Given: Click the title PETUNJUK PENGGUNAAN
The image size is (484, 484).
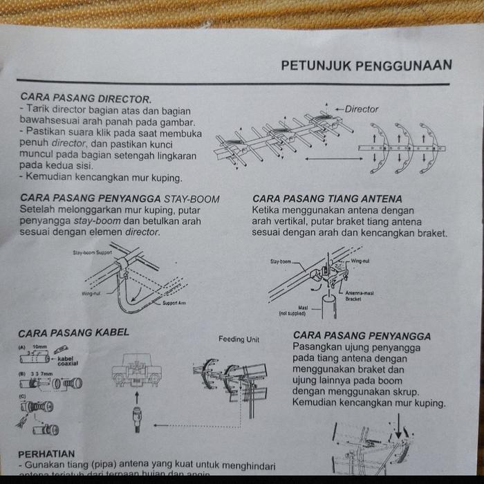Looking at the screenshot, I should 366,65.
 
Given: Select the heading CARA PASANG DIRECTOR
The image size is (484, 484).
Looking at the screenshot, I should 86,99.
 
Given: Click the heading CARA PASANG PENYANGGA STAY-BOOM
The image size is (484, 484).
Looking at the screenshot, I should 120,199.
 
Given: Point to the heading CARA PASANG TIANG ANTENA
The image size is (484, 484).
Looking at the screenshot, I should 327,199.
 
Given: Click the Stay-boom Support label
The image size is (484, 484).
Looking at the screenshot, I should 92,253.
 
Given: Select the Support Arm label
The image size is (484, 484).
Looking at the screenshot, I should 174,303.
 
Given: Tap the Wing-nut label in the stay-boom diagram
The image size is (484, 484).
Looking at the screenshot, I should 92,294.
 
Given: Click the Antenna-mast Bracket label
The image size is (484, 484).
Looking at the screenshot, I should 360,296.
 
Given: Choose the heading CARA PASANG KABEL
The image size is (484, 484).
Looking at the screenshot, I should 73,333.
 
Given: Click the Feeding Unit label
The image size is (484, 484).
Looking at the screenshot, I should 239,339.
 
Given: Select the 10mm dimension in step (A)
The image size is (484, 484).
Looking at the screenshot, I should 40,346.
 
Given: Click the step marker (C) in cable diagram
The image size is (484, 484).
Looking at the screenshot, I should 22,395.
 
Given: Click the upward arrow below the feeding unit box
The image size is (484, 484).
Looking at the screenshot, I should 137,397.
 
